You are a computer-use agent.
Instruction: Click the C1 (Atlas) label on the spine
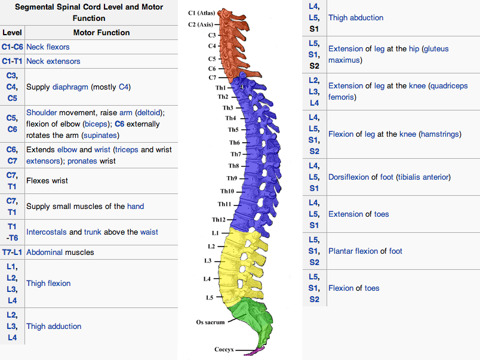click(201, 13)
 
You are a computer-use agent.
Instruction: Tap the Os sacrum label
click(210, 322)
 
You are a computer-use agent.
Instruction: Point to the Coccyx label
click(224, 349)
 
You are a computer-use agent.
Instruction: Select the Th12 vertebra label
click(219, 220)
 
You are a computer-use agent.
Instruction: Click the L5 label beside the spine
click(209, 297)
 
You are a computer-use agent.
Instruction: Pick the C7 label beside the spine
click(212, 78)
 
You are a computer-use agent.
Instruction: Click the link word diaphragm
click(70, 87)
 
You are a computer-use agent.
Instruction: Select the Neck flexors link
click(48, 47)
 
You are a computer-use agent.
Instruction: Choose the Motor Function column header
click(101, 32)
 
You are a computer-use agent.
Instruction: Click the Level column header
click(12, 32)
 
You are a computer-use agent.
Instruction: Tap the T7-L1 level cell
click(13, 252)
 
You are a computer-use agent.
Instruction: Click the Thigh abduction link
click(356, 18)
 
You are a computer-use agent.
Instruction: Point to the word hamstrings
click(440, 134)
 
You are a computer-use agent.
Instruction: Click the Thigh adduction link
click(54, 327)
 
